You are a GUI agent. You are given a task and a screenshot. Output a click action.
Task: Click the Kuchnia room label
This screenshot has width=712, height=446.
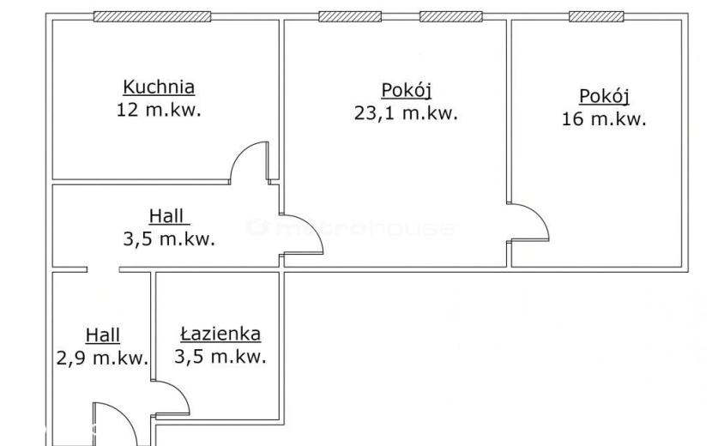click(x=159, y=87)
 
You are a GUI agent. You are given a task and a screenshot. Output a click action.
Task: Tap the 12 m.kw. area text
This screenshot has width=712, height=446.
click(x=159, y=110)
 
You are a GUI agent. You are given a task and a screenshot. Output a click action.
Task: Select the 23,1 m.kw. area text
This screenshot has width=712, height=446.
click(x=406, y=112)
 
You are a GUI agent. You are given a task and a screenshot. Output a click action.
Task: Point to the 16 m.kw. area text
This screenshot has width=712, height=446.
click(x=604, y=119)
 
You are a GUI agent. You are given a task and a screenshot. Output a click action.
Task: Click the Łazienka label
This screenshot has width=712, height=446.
click(x=220, y=334)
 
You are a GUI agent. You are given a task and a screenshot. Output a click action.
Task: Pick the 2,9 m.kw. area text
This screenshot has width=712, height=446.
click(x=103, y=358)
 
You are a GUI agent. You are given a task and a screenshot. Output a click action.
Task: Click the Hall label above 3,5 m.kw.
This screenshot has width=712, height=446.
click(x=166, y=216)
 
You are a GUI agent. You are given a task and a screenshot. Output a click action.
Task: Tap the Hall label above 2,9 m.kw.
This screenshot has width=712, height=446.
click(x=103, y=335)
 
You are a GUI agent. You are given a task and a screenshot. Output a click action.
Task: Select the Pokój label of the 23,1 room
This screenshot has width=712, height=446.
click(x=407, y=90)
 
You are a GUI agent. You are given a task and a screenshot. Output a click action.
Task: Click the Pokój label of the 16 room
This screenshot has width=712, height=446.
click(x=605, y=97)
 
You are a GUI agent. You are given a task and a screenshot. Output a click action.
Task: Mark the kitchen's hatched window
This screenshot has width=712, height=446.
click(x=152, y=16)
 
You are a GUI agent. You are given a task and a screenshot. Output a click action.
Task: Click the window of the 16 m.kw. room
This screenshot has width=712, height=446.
click(x=596, y=16)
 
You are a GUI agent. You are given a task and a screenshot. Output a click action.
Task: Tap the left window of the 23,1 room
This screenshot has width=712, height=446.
click(x=350, y=16)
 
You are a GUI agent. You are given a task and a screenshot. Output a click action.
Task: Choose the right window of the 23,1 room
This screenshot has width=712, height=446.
click(x=451, y=16)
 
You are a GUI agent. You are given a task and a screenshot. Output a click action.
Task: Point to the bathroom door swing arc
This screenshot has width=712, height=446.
click(x=178, y=391)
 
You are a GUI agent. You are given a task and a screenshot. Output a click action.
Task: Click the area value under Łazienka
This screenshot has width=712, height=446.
click(x=220, y=357)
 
